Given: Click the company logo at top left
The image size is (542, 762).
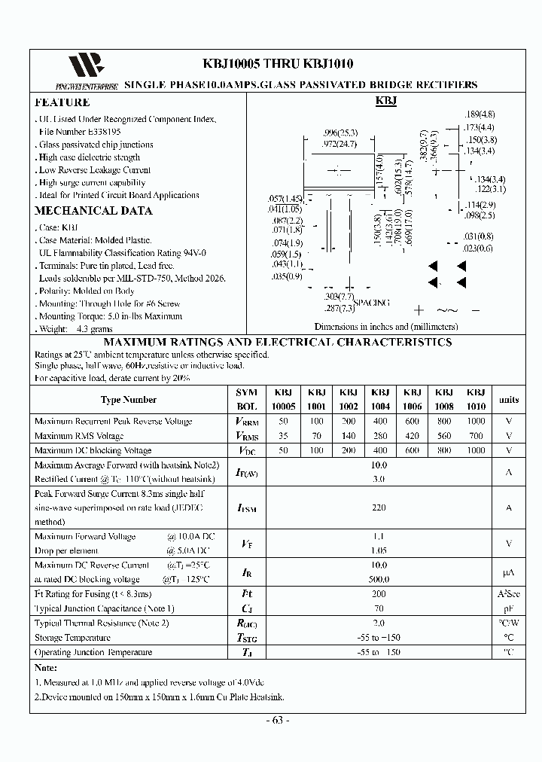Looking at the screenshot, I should click(x=84, y=66).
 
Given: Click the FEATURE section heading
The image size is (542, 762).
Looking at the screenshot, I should click(x=62, y=102).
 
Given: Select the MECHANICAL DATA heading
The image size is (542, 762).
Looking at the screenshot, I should click(x=93, y=211).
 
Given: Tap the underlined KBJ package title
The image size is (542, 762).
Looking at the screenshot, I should click(x=386, y=101).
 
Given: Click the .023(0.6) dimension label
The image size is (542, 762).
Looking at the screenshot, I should click(x=478, y=248).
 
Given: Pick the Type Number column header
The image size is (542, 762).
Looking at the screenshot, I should click(x=129, y=400).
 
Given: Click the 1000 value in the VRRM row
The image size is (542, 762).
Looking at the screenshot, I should click(x=476, y=421).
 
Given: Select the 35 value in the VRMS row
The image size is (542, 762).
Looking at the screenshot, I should click(x=284, y=435).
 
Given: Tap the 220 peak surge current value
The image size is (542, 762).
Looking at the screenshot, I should click(x=379, y=508).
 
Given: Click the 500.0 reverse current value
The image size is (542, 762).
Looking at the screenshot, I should click(x=379, y=579).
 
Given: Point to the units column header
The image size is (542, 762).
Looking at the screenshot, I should click(x=509, y=400).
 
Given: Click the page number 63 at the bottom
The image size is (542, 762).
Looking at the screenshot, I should click(x=278, y=720).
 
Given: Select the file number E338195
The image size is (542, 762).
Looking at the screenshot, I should click(x=80, y=132).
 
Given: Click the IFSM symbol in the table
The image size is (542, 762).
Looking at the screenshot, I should click(x=246, y=508).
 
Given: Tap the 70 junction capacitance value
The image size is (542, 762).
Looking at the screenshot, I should click(x=379, y=608).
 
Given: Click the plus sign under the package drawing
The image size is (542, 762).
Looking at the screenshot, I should click(x=419, y=309).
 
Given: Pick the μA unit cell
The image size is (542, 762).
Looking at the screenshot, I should click(x=509, y=572).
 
